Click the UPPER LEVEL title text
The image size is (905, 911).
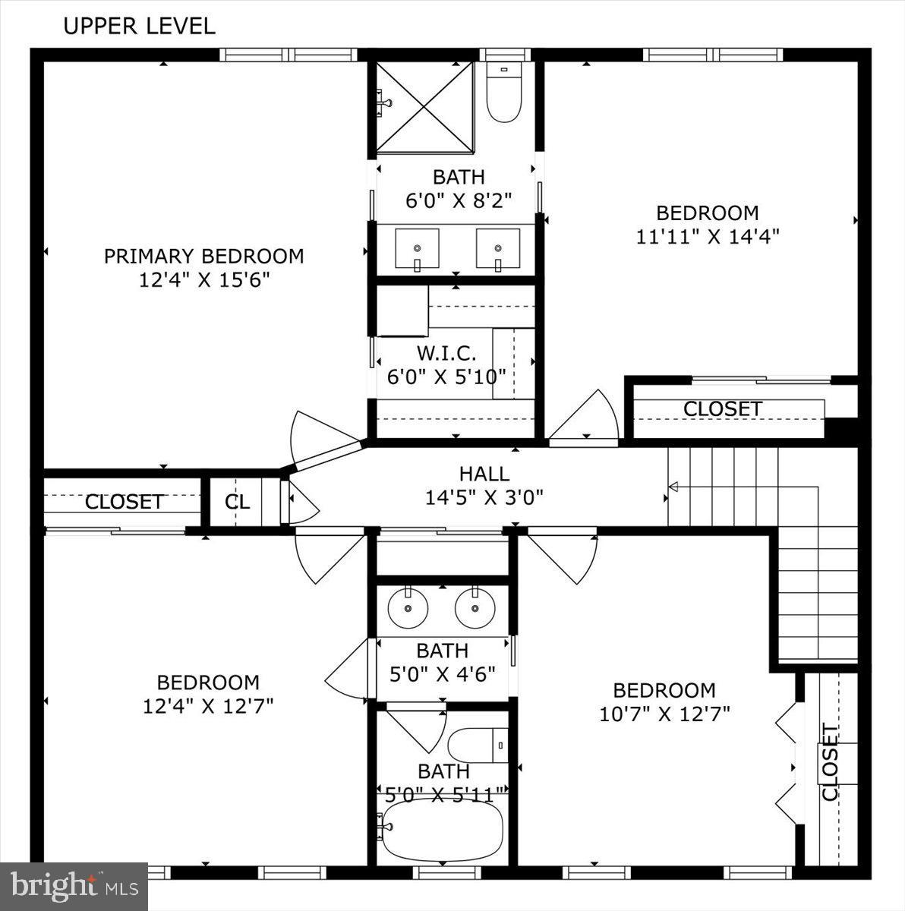click(x=139, y=26)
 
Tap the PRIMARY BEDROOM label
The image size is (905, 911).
click(x=203, y=256)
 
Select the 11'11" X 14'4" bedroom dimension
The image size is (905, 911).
click(x=708, y=236)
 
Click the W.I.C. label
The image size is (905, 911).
click(x=446, y=353)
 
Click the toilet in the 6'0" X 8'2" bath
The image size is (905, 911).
click(x=503, y=94)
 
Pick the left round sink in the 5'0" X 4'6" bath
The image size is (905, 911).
click(x=408, y=608)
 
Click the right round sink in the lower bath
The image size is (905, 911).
click(x=475, y=608)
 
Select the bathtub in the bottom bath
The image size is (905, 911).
click(x=442, y=829)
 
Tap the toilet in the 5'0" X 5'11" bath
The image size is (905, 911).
click(x=478, y=746)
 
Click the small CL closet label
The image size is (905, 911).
click(x=237, y=502)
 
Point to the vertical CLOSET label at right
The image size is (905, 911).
click(x=830, y=763)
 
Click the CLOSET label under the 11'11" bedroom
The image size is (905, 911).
click(x=722, y=408)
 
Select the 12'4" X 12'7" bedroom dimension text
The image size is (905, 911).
click(x=208, y=706)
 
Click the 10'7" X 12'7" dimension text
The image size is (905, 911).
click(x=664, y=714)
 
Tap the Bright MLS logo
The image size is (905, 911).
click(x=74, y=886)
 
